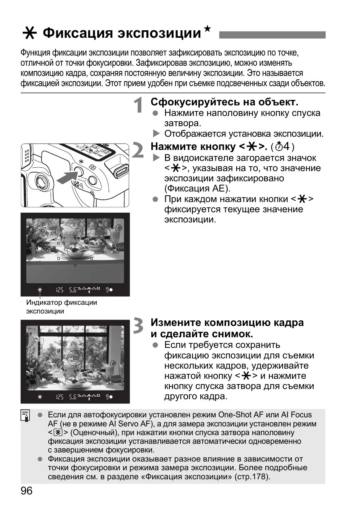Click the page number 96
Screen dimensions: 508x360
[x=27, y=491]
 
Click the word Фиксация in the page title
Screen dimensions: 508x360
[x=78, y=33]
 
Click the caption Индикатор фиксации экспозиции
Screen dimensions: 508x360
[x=61, y=307]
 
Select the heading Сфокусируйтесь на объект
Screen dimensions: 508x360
[x=224, y=102]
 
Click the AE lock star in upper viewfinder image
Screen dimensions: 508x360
[x=40, y=290]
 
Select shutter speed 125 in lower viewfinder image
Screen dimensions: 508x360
[x=59, y=397]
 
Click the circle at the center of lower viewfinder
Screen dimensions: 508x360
[x=75, y=358]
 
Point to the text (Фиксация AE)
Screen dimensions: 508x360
[x=197, y=188]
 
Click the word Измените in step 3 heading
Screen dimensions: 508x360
[x=175, y=323]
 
